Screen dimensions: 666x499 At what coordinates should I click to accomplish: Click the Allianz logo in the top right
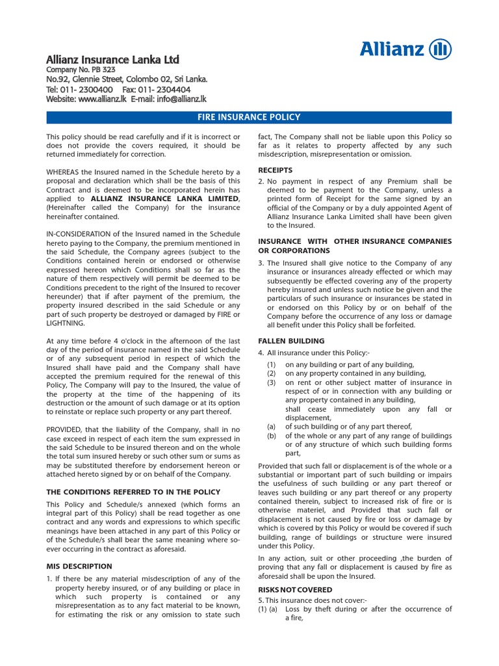tap(405, 49)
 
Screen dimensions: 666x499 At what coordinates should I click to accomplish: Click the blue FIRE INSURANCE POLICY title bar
tap(249, 117)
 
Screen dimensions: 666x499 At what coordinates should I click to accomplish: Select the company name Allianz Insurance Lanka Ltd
tap(112, 60)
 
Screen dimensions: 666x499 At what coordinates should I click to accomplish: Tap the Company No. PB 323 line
tap(81, 70)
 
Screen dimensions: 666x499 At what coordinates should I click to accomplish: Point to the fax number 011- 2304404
tap(166, 89)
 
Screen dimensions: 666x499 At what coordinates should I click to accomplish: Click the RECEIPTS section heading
tap(275, 170)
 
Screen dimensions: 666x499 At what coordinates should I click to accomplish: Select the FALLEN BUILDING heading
tap(291, 341)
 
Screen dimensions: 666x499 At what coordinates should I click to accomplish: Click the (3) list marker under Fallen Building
tap(272, 383)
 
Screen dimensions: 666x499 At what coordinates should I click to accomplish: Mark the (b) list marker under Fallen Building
tap(272, 436)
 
